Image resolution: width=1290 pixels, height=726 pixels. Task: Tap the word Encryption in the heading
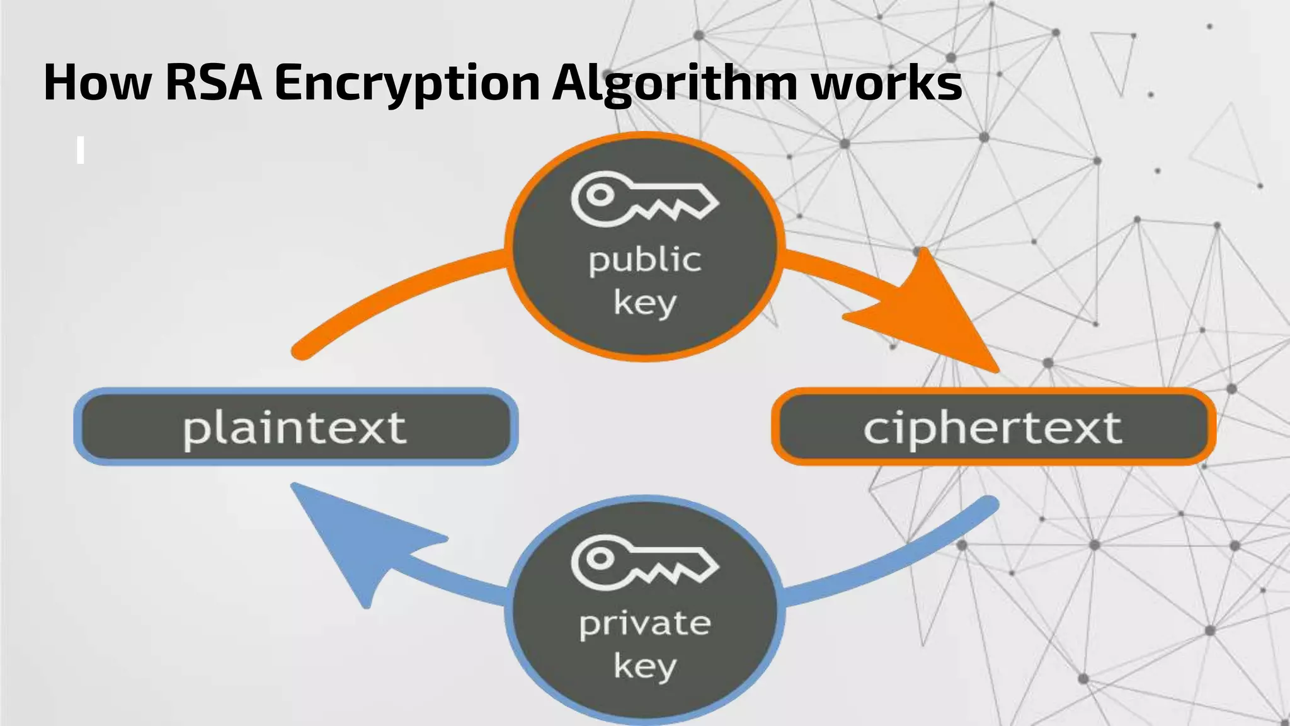click(x=407, y=83)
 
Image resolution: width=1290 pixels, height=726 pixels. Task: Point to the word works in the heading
click(x=886, y=83)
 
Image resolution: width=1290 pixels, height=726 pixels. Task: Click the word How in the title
click(x=98, y=83)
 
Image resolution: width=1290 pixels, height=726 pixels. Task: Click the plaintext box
click(x=295, y=427)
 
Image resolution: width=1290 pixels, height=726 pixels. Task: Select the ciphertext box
click(x=993, y=427)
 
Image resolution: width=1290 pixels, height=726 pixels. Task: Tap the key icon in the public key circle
click(x=644, y=199)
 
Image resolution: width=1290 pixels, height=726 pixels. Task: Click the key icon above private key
click(x=644, y=562)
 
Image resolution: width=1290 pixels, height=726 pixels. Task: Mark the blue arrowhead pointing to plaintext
click(x=359, y=542)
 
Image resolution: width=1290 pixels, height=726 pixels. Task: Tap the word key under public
click(x=644, y=304)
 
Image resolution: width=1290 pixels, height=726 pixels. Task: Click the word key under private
click(x=644, y=667)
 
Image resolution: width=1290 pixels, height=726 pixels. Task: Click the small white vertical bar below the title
click(x=80, y=151)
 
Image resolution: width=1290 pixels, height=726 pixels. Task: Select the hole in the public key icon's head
click(x=600, y=195)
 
